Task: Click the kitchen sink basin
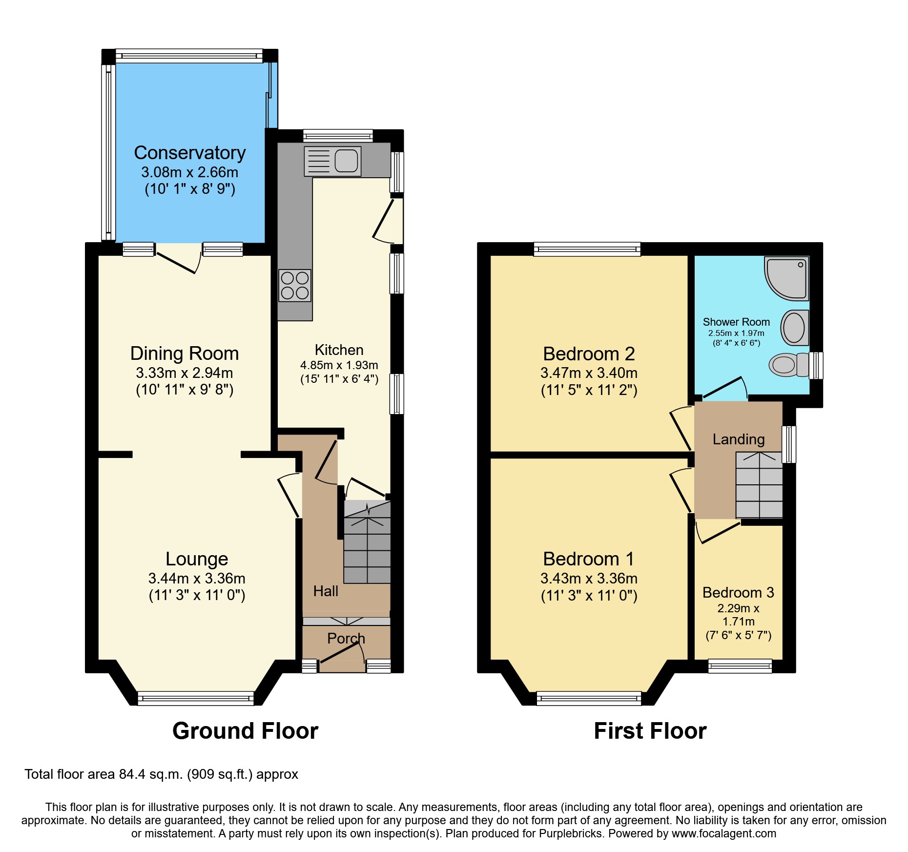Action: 346,161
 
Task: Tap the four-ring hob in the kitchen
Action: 295,286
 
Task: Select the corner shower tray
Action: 786,278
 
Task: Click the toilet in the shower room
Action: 787,365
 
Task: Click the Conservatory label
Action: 189,153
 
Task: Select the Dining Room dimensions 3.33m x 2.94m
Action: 185,373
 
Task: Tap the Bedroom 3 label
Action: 738,592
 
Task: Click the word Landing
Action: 738,439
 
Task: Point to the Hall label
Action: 326,591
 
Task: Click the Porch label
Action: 346,638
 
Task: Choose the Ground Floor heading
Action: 245,731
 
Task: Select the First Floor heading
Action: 650,731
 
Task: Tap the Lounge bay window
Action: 196,698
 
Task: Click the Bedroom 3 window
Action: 740,665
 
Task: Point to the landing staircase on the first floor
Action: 759,485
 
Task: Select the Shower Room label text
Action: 736,322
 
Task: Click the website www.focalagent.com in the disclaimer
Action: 723,833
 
